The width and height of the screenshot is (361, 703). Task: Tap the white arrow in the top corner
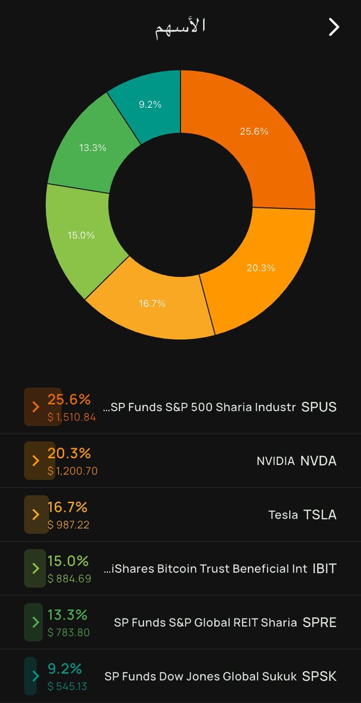tap(334, 27)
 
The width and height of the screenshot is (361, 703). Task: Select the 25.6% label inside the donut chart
tap(254, 131)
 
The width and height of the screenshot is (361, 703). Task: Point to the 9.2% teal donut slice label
tap(150, 104)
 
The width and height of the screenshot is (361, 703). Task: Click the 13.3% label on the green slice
tap(93, 148)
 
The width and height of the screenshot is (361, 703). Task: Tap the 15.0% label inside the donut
tap(81, 235)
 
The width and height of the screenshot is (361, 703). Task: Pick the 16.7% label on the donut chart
tap(152, 303)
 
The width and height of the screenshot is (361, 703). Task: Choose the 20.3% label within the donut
tap(261, 268)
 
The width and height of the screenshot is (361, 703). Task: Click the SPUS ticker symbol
tap(319, 407)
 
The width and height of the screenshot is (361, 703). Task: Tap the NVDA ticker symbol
tap(318, 461)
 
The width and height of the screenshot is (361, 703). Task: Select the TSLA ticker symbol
tap(320, 515)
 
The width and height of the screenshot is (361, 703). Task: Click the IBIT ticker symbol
tap(325, 569)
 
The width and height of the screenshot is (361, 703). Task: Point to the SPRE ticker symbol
tap(319, 623)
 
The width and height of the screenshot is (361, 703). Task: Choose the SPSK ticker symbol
tap(319, 676)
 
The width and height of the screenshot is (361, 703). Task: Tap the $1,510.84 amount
tap(71, 417)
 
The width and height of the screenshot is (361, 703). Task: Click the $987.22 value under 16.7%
tap(69, 525)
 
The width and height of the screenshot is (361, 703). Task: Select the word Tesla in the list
tap(283, 515)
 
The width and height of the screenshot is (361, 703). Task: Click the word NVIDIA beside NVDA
tap(275, 461)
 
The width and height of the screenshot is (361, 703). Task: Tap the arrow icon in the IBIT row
tap(36, 568)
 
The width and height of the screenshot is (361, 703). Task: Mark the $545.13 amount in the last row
tap(67, 687)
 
